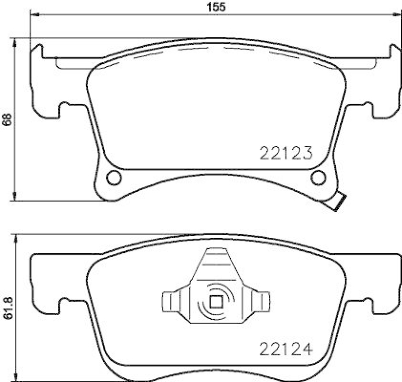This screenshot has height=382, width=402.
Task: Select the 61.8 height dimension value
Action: tap(8, 308)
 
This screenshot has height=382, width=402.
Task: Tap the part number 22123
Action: tap(286, 152)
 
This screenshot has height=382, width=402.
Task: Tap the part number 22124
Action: tap(286, 347)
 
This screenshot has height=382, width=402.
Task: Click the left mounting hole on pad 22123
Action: tap(114, 177)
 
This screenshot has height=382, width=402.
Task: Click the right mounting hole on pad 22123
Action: tap(318, 177)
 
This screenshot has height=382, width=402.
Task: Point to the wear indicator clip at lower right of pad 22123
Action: tap(336, 202)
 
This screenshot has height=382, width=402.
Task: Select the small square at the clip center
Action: tap(216, 302)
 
